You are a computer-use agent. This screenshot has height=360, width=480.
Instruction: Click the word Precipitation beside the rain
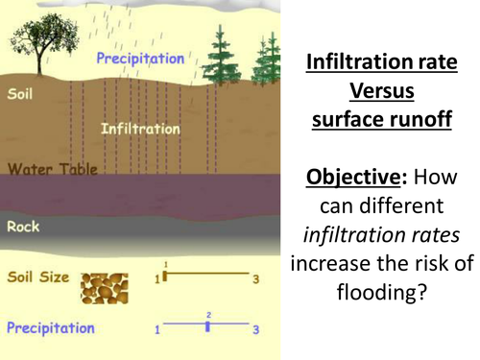tap(139, 59)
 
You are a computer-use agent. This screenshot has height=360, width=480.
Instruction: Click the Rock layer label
tap(23, 228)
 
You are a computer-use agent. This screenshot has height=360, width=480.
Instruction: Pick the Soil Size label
tap(38, 278)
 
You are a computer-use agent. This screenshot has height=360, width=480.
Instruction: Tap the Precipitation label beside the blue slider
tap(50, 327)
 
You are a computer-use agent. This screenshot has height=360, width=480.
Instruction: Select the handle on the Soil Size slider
tap(164, 276)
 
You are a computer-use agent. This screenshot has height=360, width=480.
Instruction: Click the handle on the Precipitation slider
tap(208, 327)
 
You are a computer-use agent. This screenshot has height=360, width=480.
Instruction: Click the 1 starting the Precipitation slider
tap(156, 329)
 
